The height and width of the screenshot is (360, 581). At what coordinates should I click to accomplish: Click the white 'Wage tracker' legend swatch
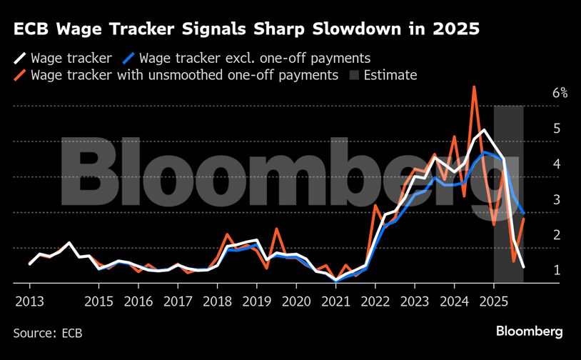20,58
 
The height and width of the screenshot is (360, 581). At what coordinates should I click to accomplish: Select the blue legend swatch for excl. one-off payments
130,58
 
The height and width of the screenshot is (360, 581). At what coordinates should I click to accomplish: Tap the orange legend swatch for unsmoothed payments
20,74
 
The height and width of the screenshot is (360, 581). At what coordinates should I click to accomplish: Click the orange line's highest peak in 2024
474,87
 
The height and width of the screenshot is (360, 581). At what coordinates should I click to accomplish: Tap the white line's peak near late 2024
484,130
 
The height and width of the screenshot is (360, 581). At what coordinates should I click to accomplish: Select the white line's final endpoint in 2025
524,266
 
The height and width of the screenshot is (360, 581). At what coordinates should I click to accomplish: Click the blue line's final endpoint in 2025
524,213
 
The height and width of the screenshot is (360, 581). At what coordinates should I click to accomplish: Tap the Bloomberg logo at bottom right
530,331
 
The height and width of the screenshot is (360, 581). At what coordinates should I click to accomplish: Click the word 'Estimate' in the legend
390,74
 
